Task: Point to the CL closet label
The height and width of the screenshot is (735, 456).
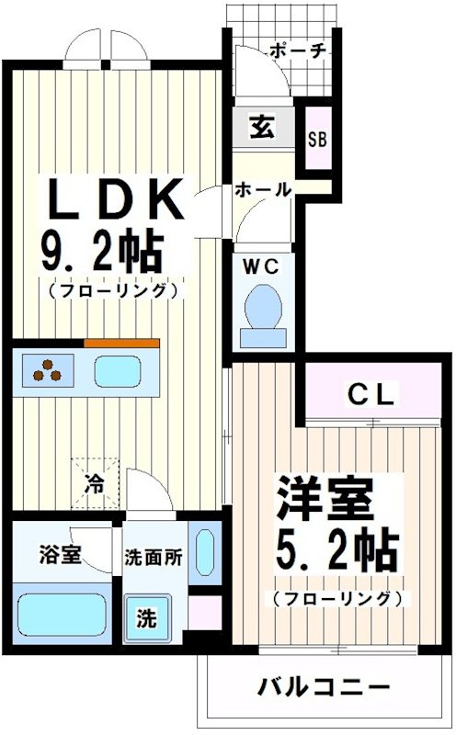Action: [371, 396]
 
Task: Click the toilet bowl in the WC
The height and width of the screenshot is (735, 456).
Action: [265, 309]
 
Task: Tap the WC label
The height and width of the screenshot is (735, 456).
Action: [260, 266]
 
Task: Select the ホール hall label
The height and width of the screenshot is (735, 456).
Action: [263, 190]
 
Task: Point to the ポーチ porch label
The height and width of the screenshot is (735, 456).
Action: [298, 51]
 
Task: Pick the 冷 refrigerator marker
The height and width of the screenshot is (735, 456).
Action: [95, 480]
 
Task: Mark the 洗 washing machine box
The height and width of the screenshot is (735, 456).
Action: [147, 619]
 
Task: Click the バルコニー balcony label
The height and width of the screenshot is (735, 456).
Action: [323, 687]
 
